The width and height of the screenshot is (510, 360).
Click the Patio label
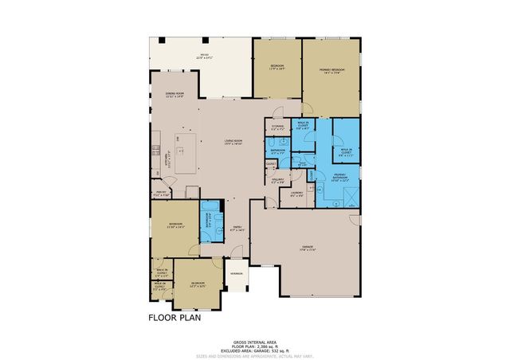click(203, 56)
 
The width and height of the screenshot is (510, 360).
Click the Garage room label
click(308, 249)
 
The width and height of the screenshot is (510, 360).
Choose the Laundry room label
click(296, 194)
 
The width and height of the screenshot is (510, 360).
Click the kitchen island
click(185, 153)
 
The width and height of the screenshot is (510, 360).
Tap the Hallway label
click(277, 182)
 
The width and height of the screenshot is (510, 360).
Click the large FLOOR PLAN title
click(175, 317)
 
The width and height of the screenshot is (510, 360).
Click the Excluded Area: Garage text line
click(255, 349)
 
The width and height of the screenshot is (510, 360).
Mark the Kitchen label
click(157, 152)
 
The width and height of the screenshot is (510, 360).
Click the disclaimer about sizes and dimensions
click(255, 354)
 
